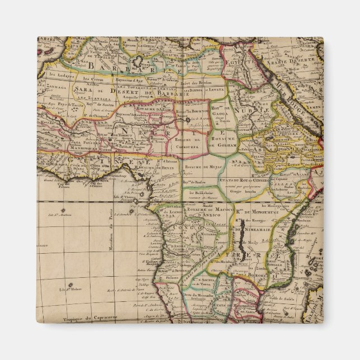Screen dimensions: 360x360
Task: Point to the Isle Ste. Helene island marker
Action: (x=71, y=285)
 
